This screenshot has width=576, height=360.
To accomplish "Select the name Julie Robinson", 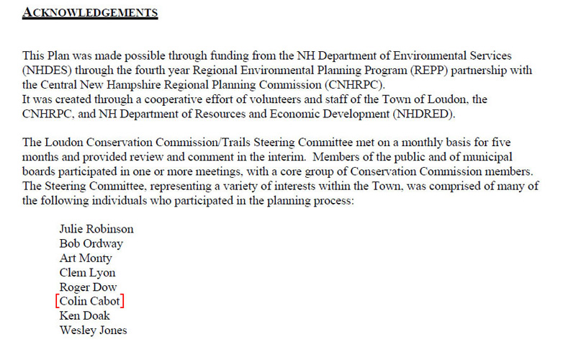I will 96,229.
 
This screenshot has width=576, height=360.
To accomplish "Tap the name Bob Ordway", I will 91,243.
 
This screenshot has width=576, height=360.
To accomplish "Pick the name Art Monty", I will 86,258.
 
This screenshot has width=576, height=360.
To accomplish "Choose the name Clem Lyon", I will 87,273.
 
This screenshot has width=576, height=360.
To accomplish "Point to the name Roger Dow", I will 88,287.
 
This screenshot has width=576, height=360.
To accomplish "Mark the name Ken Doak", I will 84,316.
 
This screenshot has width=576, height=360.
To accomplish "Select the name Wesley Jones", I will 93,330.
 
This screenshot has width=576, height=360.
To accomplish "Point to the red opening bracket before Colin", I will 58,302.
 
